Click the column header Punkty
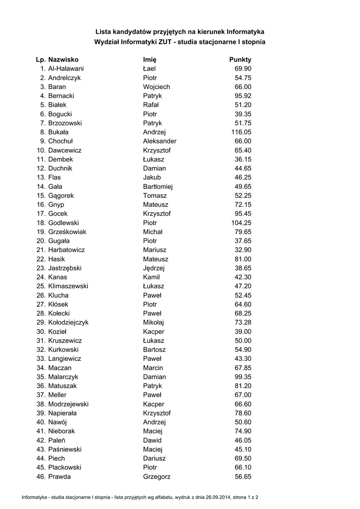240,60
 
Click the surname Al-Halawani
66,69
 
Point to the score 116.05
241,132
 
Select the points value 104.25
241,223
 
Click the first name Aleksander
160,141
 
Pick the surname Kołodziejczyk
69,323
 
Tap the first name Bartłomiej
158,186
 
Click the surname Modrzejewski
69,404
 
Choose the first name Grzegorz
157,477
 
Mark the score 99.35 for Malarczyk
243,377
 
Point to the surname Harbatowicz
67,250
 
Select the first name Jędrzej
154,268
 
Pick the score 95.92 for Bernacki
243,96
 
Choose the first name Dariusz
154,458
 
